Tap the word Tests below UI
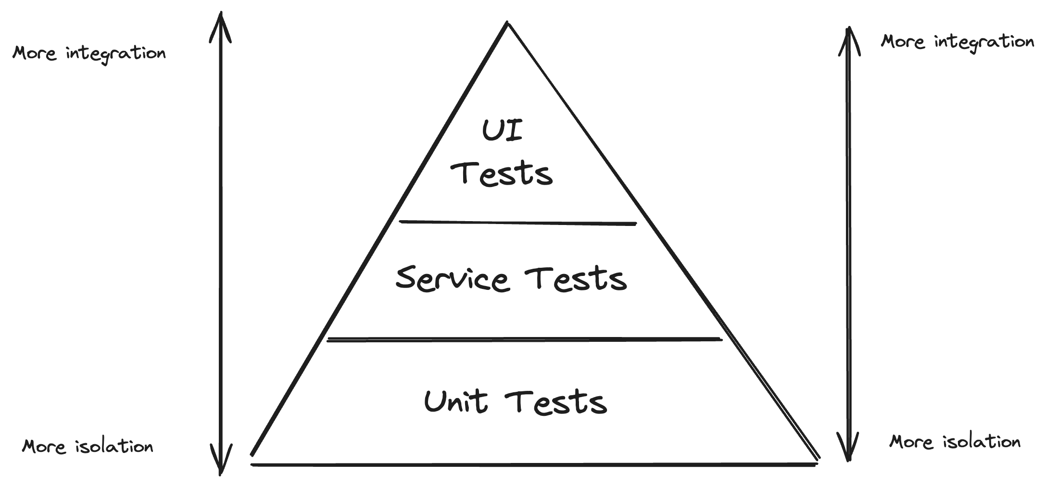click(x=502, y=174)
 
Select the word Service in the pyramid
click(x=452, y=278)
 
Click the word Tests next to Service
click(x=576, y=279)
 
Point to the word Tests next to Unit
click(x=556, y=402)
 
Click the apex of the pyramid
click(x=507, y=23)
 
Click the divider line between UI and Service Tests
click(x=517, y=223)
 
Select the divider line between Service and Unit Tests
click(x=524, y=340)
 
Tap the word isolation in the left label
click(x=114, y=446)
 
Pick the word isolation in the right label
click(x=982, y=442)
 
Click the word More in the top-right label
click(x=903, y=42)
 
